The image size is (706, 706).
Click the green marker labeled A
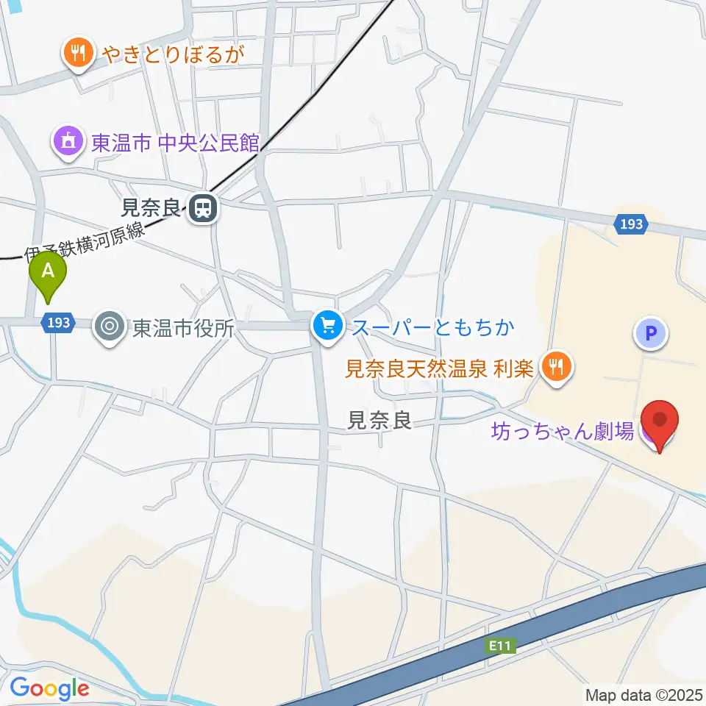pos(49,274)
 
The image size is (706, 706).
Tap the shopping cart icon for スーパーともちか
pos(327,326)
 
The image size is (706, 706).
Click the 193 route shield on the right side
pos(631,224)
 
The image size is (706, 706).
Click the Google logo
pos(49,688)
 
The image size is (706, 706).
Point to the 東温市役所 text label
pos(183,327)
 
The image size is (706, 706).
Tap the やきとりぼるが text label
pos(172,54)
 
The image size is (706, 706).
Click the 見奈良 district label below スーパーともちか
pos(379,421)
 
